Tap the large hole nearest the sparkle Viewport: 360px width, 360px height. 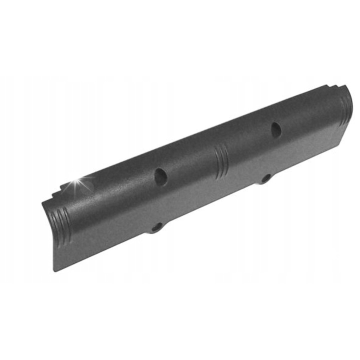[x=160, y=175]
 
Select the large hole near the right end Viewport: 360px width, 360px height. [x=276, y=129]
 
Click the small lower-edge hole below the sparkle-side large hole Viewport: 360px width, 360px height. [x=156, y=227]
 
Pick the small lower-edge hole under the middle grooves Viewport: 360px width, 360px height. [x=265, y=177]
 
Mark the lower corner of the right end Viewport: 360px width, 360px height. [x=341, y=145]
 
